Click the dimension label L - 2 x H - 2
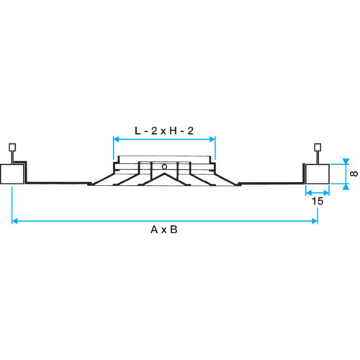point(164,131)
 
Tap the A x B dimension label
point(164,230)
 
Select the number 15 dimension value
point(318,201)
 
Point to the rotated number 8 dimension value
point(354,174)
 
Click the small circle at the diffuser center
point(164,166)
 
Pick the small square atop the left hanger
point(12,147)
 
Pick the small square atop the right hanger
point(318,147)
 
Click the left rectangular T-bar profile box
point(12,174)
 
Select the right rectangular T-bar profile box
point(318,174)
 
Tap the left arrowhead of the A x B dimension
point(14,221)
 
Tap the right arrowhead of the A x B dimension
point(315,221)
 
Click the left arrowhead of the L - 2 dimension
point(116,139)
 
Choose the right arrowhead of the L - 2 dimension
point(212,139)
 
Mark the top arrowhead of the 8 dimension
point(346,161)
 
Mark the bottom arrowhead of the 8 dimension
point(346,186)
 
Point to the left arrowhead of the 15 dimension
point(309,192)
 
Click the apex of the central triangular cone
point(164,174)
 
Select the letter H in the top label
point(173,131)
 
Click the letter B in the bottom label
point(174,230)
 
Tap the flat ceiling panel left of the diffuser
point(58,183)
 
